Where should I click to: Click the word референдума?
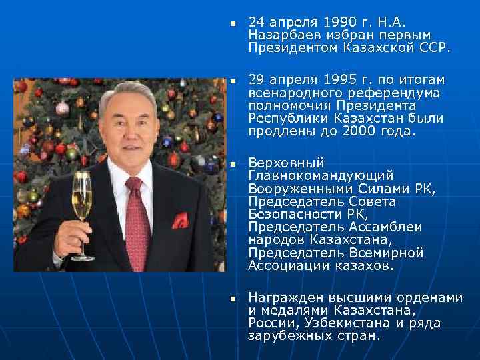click(375, 93)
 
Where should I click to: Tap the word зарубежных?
click(284, 336)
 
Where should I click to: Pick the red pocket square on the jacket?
click(179, 221)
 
